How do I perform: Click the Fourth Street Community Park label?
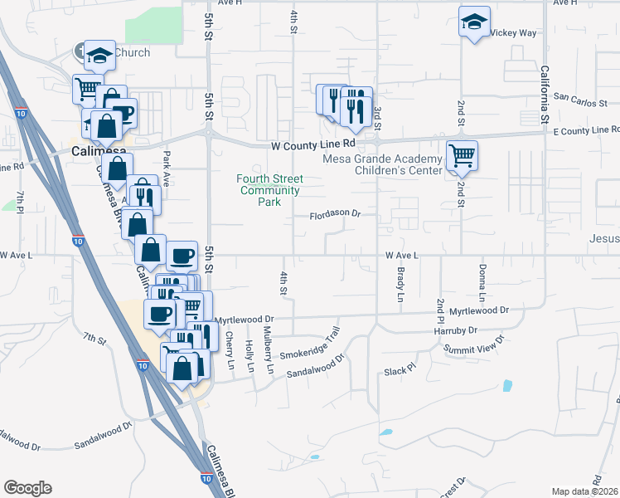click(269, 190)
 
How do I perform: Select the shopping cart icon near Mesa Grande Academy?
click(462, 155)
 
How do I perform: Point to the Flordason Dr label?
click(336, 214)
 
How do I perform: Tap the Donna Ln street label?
click(482, 283)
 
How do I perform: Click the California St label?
click(545, 95)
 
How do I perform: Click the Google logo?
click(27, 488)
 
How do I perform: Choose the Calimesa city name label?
click(98, 151)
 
